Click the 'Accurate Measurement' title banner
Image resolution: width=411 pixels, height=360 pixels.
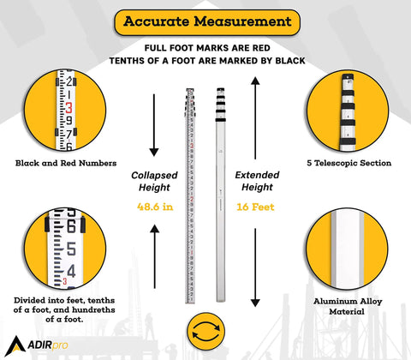click(x=207, y=22)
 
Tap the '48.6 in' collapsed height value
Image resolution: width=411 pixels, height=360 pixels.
click(x=155, y=207)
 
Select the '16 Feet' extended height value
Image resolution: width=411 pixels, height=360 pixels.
click(x=255, y=207)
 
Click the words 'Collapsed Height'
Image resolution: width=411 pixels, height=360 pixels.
click(x=154, y=181)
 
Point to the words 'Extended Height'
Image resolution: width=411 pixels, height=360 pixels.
click(x=257, y=181)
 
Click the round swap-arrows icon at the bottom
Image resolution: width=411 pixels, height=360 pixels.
click(x=206, y=331)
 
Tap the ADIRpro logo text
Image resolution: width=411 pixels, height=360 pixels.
click(x=48, y=345)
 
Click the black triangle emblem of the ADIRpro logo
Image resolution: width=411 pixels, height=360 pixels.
click(x=15, y=346)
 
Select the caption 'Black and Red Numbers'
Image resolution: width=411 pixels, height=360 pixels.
click(x=66, y=163)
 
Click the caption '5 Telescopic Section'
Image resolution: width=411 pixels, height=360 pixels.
click(x=349, y=163)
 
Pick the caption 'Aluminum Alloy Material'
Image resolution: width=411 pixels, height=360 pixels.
click(x=348, y=306)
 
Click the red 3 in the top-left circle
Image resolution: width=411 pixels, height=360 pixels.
click(x=68, y=108)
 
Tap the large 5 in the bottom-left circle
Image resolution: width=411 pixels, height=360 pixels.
click(x=71, y=249)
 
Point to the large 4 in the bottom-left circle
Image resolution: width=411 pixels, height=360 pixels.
click(x=71, y=271)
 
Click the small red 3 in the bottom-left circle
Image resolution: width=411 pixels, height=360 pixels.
click(x=65, y=281)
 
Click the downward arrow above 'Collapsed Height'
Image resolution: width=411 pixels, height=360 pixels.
click(x=154, y=125)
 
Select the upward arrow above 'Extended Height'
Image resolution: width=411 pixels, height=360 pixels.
click(x=255, y=118)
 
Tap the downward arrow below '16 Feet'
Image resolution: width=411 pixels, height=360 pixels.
click(x=255, y=267)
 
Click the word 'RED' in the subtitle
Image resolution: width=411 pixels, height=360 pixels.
click(x=261, y=48)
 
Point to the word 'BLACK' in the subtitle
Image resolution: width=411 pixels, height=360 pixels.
click(x=290, y=61)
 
